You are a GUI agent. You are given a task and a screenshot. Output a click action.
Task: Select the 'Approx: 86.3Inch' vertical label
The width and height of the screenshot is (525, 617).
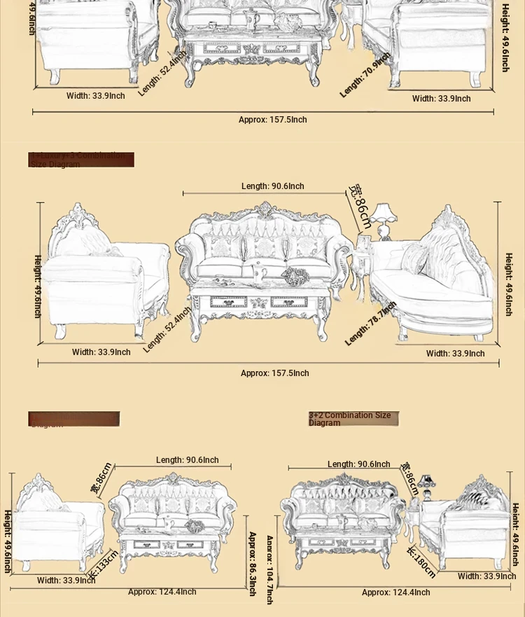(252, 563)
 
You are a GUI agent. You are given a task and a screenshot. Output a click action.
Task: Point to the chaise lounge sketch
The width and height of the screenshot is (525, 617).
(434, 280)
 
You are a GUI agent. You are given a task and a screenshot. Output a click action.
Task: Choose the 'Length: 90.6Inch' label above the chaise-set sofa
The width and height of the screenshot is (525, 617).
(273, 186)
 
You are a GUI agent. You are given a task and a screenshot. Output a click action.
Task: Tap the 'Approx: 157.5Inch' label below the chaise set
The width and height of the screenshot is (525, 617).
(274, 373)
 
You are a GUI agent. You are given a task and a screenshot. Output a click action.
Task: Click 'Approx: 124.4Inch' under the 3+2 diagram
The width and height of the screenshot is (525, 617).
(395, 592)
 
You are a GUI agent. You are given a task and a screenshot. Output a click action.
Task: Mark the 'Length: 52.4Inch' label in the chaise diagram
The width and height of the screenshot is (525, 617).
(167, 329)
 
